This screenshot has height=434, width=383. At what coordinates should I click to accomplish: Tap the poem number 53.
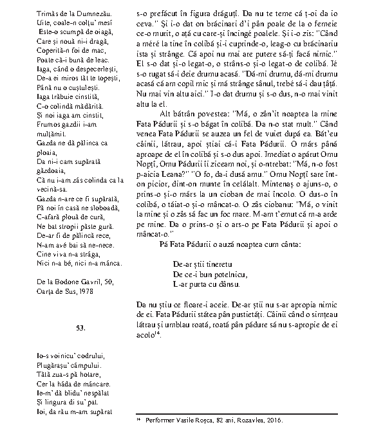80,328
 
